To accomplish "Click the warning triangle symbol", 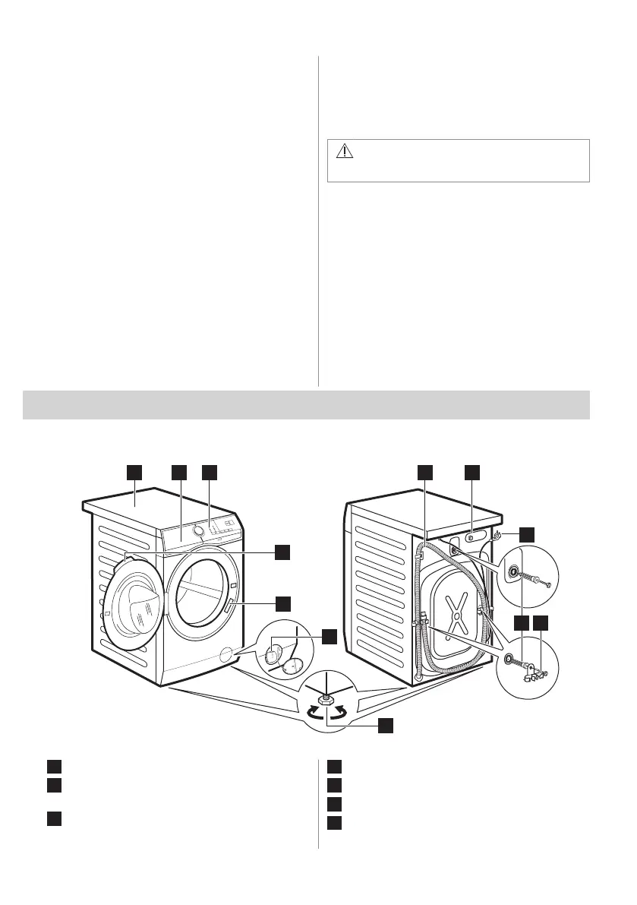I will [x=345, y=151].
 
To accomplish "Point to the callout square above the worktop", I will [x=134, y=473].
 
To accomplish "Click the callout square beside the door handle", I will [x=282, y=603].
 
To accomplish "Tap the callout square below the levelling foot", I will [x=386, y=725].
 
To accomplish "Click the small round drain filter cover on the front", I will [x=225, y=654].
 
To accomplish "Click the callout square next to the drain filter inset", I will [x=327, y=636].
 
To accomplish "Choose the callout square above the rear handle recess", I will [x=471, y=473].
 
